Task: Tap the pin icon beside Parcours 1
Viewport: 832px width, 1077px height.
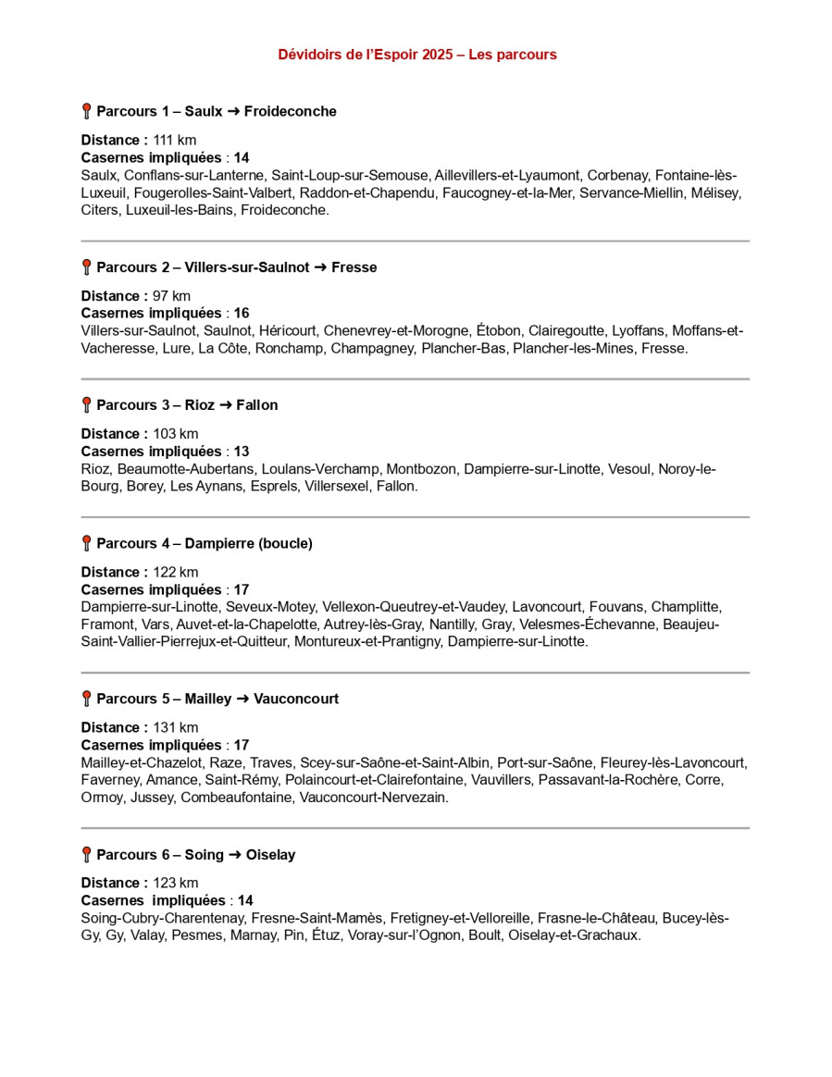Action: [86, 111]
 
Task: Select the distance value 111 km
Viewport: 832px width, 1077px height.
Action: [175, 140]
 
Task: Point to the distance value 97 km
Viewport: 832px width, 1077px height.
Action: [172, 296]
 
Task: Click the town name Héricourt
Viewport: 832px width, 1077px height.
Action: [288, 331]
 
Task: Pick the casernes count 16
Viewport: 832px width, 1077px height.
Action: [242, 314]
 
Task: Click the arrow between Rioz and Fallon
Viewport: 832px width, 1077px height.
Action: [226, 405]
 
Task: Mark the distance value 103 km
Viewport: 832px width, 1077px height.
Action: [176, 434]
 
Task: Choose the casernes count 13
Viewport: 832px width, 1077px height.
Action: [242, 452]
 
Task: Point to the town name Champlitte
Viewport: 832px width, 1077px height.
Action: [686, 607]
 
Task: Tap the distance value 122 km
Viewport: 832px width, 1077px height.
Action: [176, 572]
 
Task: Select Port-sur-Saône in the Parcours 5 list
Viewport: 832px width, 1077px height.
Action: [545, 762]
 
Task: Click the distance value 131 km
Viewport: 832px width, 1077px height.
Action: [176, 727]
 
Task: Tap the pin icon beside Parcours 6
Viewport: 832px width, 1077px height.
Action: [86, 854]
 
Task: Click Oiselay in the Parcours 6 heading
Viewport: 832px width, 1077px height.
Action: [270, 855]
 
